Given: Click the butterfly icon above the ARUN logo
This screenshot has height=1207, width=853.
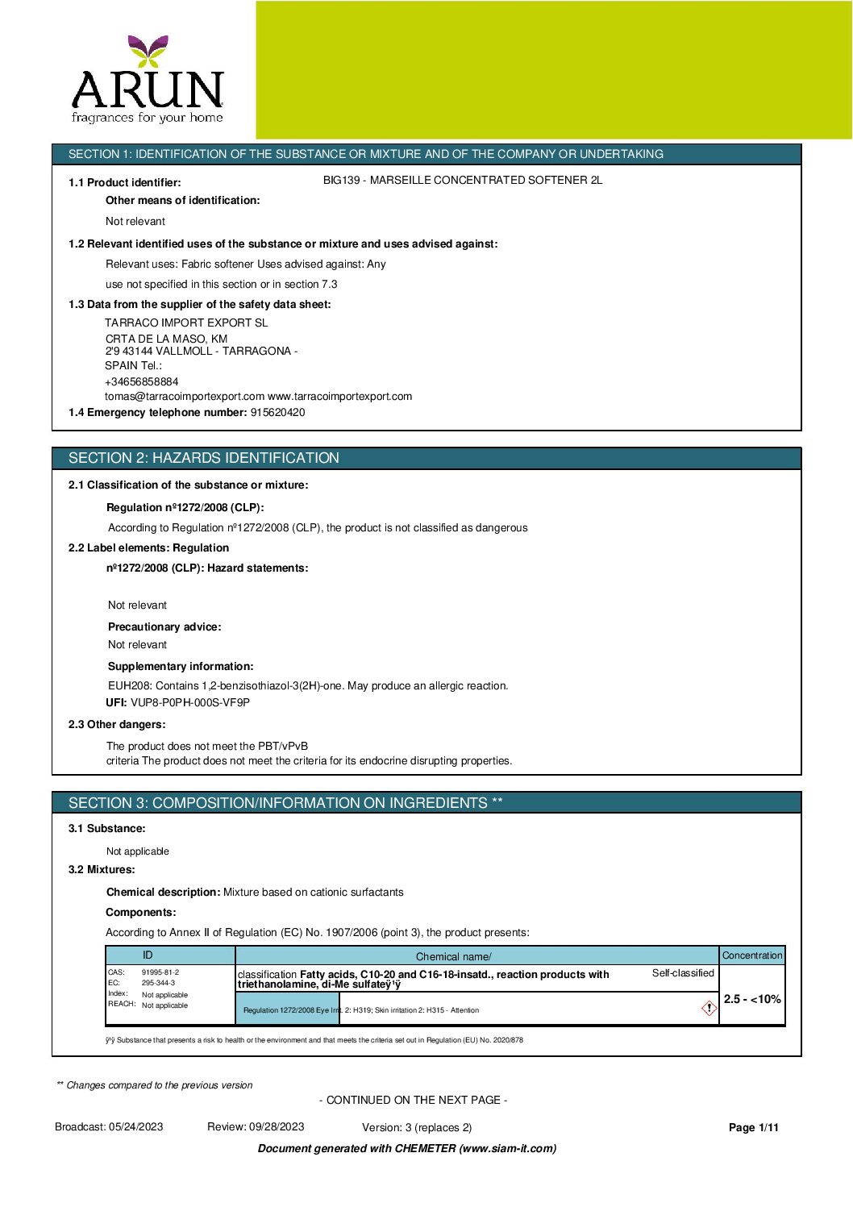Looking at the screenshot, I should (x=148, y=51).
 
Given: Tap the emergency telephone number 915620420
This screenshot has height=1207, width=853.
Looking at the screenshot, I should (x=277, y=413).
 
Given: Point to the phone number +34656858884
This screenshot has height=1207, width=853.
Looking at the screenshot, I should (x=142, y=381).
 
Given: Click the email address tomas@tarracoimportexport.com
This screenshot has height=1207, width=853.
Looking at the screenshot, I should (x=185, y=397).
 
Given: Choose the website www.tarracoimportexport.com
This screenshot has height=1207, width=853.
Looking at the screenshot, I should (x=339, y=397).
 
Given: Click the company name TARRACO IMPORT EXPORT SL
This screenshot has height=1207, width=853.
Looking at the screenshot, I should (x=186, y=323).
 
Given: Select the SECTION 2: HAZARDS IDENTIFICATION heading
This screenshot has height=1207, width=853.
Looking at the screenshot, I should (x=204, y=458).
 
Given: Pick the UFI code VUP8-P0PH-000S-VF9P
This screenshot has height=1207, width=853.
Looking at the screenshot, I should (x=190, y=702).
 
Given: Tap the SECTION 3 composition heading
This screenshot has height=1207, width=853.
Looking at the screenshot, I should (x=285, y=803).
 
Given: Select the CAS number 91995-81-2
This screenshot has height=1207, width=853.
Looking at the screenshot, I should (x=160, y=972).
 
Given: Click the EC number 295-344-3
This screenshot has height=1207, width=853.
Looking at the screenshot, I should (x=158, y=983).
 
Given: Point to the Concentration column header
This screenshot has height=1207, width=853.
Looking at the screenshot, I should (x=752, y=955).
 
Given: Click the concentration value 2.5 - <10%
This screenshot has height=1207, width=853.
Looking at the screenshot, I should (x=752, y=999).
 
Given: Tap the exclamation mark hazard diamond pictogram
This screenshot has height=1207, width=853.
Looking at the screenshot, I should (x=709, y=1008).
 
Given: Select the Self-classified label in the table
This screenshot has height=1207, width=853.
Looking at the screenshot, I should (x=683, y=973).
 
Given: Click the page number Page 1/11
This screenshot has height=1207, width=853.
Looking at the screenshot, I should (x=754, y=1128).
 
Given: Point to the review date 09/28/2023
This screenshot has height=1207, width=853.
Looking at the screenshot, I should (x=277, y=1127).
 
